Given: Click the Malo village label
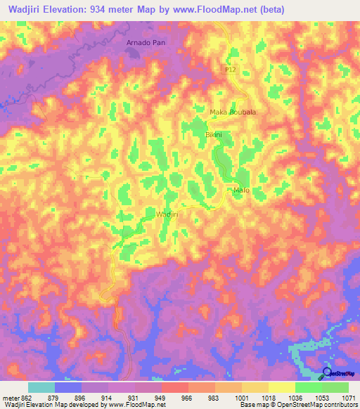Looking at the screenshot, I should point(241,190).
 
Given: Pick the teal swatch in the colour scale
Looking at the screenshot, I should point(41,387).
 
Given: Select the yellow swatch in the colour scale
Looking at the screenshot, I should point(281,387).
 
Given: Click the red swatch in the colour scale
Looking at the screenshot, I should point(174,387).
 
